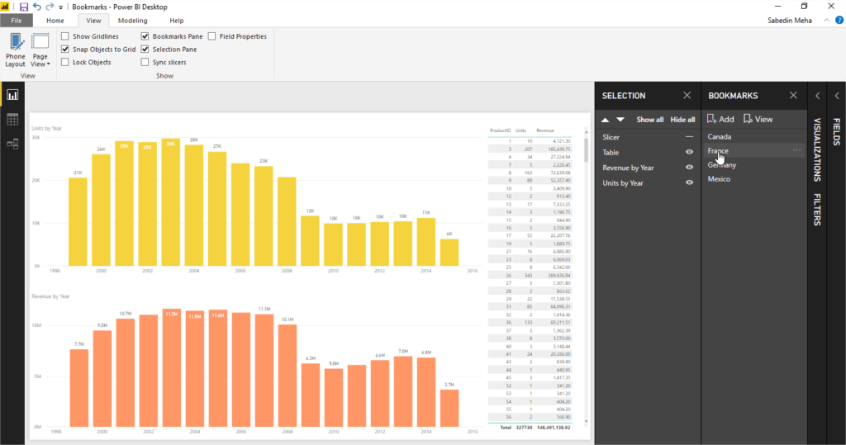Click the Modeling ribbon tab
[132, 21]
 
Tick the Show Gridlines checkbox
[65, 36]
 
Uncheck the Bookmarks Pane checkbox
[145, 36]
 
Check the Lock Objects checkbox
[65, 62]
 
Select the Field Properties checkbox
[212, 36]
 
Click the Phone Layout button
[16, 50]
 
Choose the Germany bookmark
[722, 165]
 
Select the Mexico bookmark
[719, 179]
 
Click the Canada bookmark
[720, 137]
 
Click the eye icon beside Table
[689, 153]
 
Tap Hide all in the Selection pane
[682, 120]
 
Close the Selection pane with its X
[687, 96]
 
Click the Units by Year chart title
[47, 129]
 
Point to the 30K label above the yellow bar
[171, 144]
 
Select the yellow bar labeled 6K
[449, 253]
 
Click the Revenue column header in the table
[545, 130]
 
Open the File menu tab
[17, 21]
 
